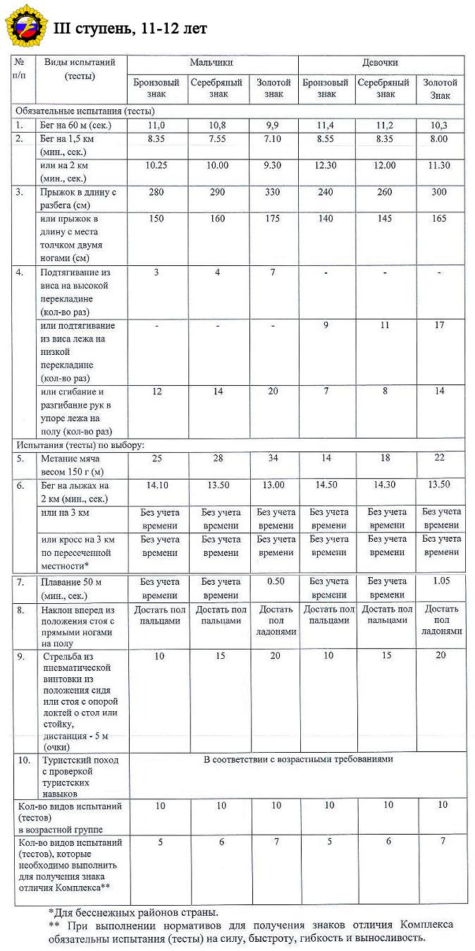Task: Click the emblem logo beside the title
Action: [24, 26]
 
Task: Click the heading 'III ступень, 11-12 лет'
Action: [130, 28]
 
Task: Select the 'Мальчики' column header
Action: [211, 63]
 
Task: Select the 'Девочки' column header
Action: [380, 63]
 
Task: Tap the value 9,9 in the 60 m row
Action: [274, 125]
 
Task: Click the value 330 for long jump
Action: [274, 192]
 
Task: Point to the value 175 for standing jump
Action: [274, 219]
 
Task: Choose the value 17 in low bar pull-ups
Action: [440, 326]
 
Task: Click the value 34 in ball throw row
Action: [274, 459]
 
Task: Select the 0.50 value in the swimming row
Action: [274, 582]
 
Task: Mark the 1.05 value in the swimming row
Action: [440, 582]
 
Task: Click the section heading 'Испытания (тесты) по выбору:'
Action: [80, 445]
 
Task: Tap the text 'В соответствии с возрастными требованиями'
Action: [298, 760]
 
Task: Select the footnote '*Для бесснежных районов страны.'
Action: [128, 913]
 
